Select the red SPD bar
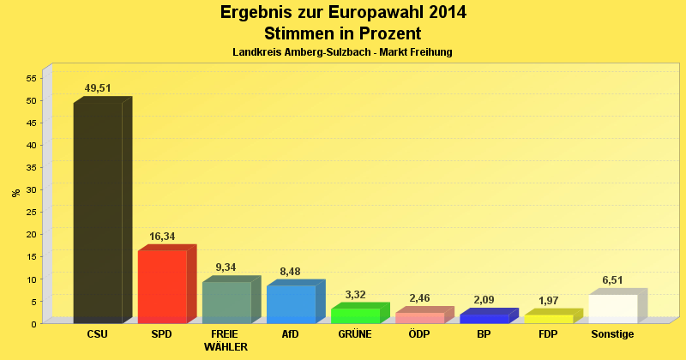162,286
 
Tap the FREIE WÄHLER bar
226,302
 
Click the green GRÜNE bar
355,315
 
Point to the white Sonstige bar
613,309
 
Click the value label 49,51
98,88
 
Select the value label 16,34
162,236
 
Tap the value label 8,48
291,272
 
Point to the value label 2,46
419,298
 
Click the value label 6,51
613,280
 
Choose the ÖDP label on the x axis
419,334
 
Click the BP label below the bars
484,334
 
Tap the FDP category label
548,334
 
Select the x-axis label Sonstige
613,334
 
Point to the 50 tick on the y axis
32,100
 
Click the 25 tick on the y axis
32,212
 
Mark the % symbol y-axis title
15,193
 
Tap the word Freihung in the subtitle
430,52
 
